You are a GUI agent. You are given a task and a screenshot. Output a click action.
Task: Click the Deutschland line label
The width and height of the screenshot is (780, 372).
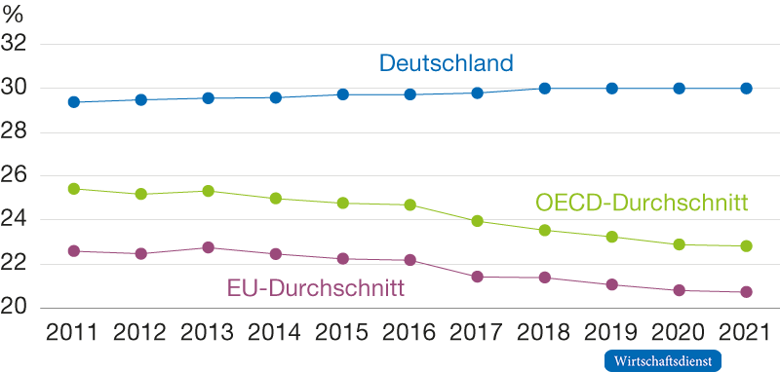(x=446, y=64)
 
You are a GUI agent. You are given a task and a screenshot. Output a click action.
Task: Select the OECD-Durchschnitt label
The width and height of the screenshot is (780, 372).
(x=642, y=204)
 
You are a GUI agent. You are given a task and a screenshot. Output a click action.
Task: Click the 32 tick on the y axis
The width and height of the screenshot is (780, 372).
(x=18, y=44)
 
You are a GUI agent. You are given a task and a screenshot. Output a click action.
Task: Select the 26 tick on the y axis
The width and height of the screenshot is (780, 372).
(x=18, y=176)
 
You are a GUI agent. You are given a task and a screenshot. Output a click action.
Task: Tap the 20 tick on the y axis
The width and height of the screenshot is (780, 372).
(x=18, y=308)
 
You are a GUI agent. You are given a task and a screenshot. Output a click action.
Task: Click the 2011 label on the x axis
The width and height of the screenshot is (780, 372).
(x=73, y=334)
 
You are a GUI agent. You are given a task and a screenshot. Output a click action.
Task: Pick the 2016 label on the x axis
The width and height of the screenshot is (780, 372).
(x=409, y=334)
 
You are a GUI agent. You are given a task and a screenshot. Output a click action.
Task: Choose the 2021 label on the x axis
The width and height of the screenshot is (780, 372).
(x=745, y=334)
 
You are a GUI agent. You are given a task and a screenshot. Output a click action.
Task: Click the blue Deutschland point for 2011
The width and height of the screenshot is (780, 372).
(x=73, y=102)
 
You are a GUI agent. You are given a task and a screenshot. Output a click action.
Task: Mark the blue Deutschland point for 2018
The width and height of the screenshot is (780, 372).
(x=544, y=89)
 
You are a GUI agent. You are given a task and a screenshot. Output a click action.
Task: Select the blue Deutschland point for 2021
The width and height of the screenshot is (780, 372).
(x=746, y=89)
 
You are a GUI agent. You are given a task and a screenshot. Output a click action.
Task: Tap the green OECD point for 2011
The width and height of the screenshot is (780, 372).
(x=73, y=189)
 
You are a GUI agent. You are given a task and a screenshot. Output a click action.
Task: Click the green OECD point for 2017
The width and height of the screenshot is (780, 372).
(x=477, y=221)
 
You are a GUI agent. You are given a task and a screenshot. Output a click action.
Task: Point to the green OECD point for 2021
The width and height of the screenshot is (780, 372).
(x=746, y=246)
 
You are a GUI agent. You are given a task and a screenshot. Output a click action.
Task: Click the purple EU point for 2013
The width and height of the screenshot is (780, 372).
(x=208, y=247)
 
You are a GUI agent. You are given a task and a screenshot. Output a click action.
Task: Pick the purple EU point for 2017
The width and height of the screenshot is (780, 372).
(x=477, y=277)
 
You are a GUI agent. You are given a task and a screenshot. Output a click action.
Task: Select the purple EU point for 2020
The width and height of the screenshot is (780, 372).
(x=679, y=290)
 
